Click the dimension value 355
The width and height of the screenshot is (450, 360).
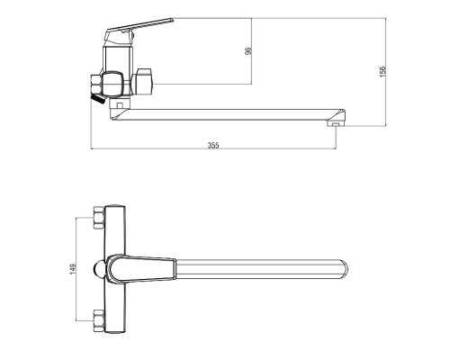pyautogui.click(x=213, y=145)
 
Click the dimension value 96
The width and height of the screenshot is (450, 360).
pyautogui.click(x=248, y=50)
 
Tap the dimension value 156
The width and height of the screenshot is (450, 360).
pyautogui.click(x=382, y=72)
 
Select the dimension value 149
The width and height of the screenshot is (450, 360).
pyautogui.click(x=73, y=268)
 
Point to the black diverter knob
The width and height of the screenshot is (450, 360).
pyautogui.click(x=98, y=98)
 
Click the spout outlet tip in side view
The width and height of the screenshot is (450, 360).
pyautogui.click(x=336, y=123)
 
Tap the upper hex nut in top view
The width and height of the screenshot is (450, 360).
pyautogui.click(x=99, y=218)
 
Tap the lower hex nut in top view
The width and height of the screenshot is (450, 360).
pyautogui.click(x=99, y=320)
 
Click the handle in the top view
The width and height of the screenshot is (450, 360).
pyautogui.click(x=140, y=269)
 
